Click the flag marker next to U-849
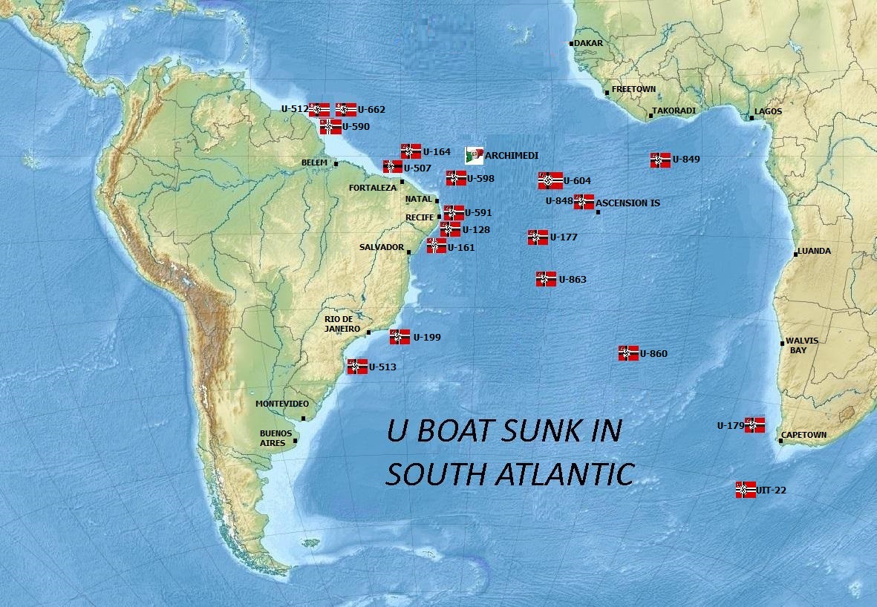tap(660, 160)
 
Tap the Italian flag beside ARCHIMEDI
tap(474, 155)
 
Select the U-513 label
tap(382, 367)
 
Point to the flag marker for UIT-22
tap(746, 489)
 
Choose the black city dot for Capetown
tap(780, 442)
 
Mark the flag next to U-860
tap(628, 353)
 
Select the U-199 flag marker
tap(400, 337)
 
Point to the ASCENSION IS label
tap(627, 203)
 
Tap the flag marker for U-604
tap(550, 181)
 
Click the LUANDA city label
tap(815, 251)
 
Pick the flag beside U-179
tap(754, 424)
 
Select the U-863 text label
tap(573, 280)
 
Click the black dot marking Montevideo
tap(303, 418)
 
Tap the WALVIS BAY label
tap(803, 345)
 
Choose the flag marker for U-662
tap(345, 110)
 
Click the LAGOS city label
tap(768, 111)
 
